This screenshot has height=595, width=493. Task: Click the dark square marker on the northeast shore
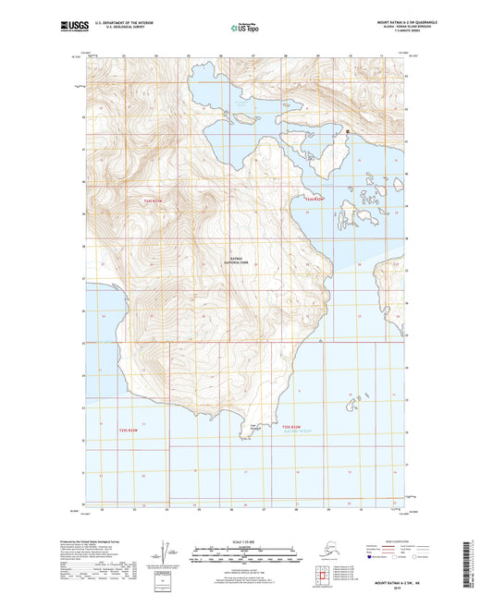tap(348, 132)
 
